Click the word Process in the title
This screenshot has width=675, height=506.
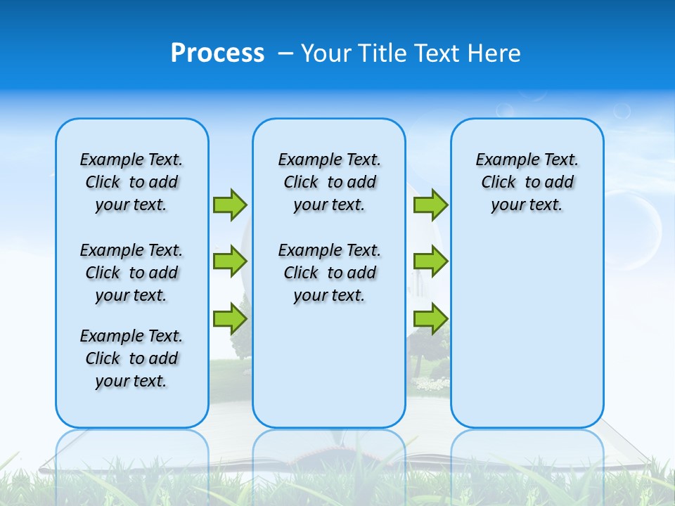pos(217,53)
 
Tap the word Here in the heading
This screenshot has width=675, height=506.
pos(494,53)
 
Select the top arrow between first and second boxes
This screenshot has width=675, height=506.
pos(230,205)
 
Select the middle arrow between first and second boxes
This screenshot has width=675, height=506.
pos(230,261)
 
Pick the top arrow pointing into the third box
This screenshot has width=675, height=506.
pos(430,205)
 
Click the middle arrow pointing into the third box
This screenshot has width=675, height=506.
pos(430,261)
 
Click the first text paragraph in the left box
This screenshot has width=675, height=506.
pos(131,182)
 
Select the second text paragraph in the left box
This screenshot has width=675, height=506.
pos(131,273)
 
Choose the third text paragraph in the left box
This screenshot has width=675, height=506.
pos(131,358)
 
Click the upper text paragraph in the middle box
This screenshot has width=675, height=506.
pos(329,182)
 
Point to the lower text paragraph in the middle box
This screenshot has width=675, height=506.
pos(329,273)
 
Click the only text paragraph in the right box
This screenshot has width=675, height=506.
pos(527,182)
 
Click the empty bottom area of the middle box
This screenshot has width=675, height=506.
pos(329,372)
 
